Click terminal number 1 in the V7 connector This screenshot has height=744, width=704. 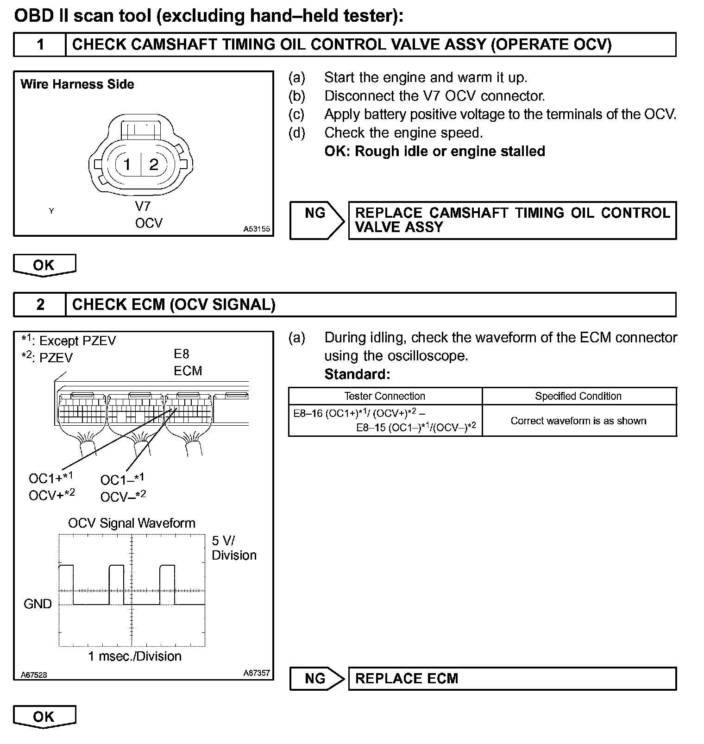tap(127, 164)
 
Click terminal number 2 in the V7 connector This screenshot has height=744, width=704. tap(154, 164)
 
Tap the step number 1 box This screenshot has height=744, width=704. tap(40, 44)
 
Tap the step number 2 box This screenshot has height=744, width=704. tap(40, 304)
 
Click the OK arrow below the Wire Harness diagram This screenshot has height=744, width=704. tap(44, 265)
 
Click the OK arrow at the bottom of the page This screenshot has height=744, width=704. tap(44, 717)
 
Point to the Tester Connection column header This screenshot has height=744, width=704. tap(384, 396)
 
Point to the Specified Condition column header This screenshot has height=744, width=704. tap(578, 396)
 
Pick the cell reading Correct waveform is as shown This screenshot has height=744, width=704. tap(578, 421)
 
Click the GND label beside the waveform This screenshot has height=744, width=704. tap(38, 604)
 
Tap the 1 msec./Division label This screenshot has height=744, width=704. tap(135, 656)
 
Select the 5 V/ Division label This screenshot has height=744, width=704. tap(233, 548)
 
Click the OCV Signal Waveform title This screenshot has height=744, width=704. tap(132, 523)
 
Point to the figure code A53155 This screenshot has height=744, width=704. tap(257, 229)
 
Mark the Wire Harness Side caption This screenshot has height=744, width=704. tap(77, 84)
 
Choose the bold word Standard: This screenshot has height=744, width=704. tap(357, 374)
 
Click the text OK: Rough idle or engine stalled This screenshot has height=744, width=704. tap(434, 151)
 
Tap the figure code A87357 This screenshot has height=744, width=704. tap(257, 673)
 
